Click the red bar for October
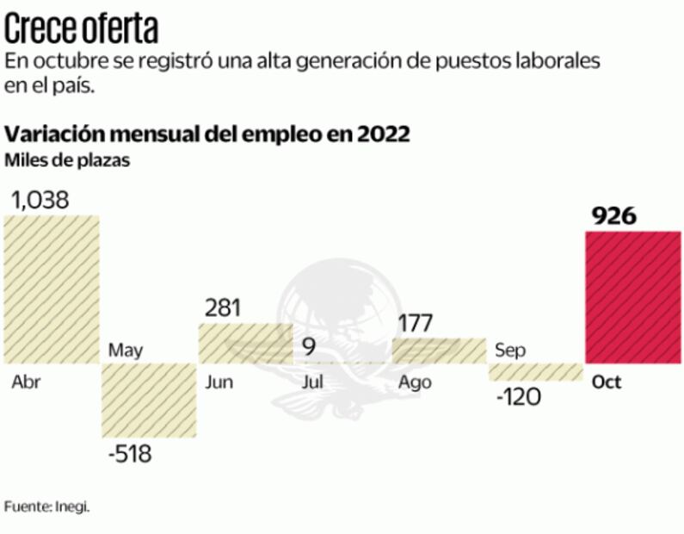point(633,297)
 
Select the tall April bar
point(52,289)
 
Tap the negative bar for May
point(150,400)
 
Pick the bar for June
point(246,343)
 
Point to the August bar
point(439,350)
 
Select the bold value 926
point(614,215)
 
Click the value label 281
point(223,307)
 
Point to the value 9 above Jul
point(309,348)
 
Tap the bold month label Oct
point(607,383)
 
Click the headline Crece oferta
point(82,29)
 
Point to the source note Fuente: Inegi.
point(46,506)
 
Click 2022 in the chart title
point(378,135)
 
